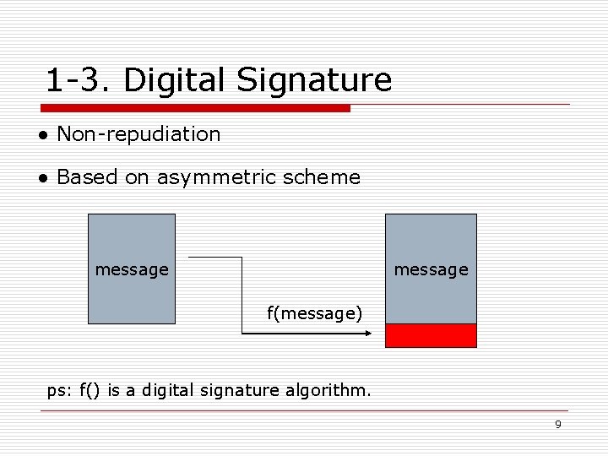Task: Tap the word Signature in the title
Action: (314, 81)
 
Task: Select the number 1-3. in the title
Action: (79, 81)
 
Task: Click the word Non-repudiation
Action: (138, 133)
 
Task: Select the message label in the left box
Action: (132, 269)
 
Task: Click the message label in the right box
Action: (431, 269)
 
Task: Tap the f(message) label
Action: (314, 314)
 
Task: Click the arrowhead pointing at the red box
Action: (368, 334)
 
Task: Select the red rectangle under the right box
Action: (431, 336)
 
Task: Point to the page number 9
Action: (557, 424)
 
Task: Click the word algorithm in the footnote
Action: (331, 390)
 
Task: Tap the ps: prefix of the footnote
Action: (59, 390)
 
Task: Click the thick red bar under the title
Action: (195, 108)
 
